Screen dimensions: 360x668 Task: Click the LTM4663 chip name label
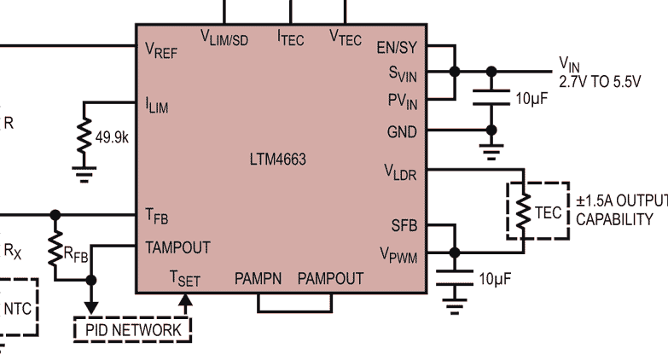pos(279,160)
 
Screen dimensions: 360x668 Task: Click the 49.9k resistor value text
pos(113,136)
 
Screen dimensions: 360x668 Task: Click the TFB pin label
pos(156,217)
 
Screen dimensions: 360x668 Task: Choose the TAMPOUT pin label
pos(177,247)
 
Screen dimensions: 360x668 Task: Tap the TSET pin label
pos(185,279)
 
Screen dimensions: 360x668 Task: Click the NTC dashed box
pos(19,308)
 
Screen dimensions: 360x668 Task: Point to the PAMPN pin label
pos(261,279)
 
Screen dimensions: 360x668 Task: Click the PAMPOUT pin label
pos(330,279)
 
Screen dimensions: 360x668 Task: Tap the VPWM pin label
pos(398,254)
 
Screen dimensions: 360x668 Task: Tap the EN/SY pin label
pos(397,49)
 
